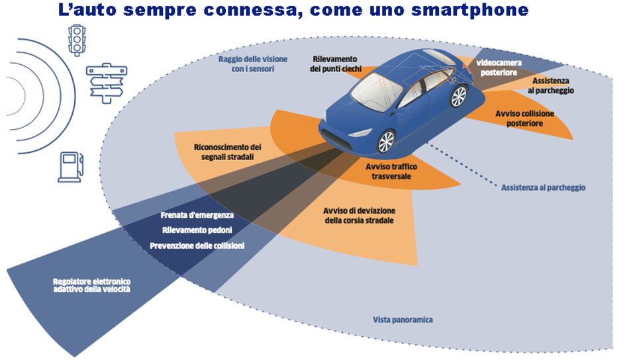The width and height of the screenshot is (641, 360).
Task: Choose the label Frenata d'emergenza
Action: pyautogui.click(x=196, y=216)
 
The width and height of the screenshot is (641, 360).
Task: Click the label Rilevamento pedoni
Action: pyautogui.click(x=196, y=230)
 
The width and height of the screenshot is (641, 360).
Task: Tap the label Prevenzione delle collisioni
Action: pyautogui.click(x=197, y=246)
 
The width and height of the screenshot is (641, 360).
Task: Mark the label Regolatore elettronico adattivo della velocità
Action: pyautogui.click(x=91, y=286)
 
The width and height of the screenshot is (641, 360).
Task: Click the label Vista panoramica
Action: pyautogui.click(x=403, y=320)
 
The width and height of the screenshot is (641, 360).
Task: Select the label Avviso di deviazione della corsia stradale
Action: pyautogui.click(x=358, y=215)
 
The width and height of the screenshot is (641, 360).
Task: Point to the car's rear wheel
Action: pyautogui.click(x=458, y=97)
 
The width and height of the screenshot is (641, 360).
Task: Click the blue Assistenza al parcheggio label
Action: pyautogui.click(x=543, y=187)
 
